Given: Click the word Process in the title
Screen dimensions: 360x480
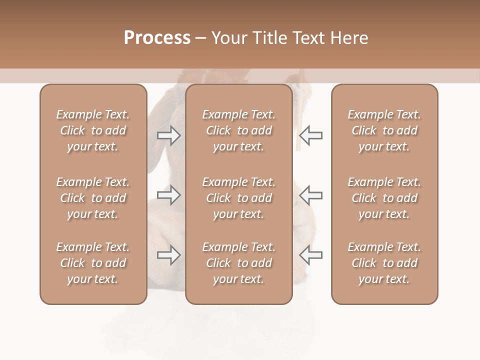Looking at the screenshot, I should click(x=157, y=37).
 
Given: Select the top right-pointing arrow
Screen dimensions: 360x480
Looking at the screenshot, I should click(x=169, y=135).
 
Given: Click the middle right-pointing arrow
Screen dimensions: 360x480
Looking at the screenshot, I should click(x=169, y=195).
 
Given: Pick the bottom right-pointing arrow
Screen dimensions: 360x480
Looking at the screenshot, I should click(x=169, y=255).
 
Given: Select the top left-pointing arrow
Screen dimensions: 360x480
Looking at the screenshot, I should click(x=310, y=135).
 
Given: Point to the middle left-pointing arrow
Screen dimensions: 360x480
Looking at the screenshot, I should click(x=310, y=195).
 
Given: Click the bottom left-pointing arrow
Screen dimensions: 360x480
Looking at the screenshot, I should click(x=310, y=255).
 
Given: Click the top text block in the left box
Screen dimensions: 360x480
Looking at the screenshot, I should click(x=93, y=130).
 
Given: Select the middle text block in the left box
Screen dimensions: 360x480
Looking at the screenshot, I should click(x=93, y=198).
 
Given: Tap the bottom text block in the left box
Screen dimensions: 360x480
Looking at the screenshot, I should click(x=93, y=263).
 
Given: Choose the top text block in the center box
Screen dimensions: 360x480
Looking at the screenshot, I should click(x=239, y=130).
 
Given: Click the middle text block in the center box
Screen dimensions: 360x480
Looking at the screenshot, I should click(x=239, y=198).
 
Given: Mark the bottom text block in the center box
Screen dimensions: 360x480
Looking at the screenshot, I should click(x=239, y=263).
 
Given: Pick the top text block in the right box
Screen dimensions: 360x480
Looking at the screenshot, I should click(x=384, y=130).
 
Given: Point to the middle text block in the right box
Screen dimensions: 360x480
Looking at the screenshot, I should click(x=384, y=198).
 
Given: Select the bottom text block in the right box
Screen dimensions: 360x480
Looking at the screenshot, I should click(x=384, y=263).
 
